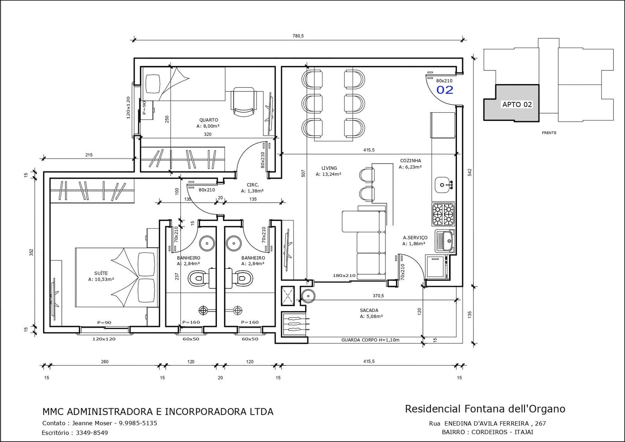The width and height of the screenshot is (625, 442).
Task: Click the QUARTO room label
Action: [208, 120]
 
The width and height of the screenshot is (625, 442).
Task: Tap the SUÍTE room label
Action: [101, 273]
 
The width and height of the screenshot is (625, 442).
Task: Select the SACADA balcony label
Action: [369, 310]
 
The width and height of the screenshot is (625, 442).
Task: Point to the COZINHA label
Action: [410, 160]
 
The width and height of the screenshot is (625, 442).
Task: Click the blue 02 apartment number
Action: [445, 90]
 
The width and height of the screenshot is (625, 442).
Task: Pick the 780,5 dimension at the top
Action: [298, 36]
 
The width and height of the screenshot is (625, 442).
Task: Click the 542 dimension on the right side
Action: [470, 172]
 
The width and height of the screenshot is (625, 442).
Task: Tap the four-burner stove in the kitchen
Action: [443, 214]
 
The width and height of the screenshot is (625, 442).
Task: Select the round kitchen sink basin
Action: [442, 185]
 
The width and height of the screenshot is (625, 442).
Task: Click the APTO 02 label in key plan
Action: [517, 104]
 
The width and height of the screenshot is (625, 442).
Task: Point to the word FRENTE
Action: [549, 133]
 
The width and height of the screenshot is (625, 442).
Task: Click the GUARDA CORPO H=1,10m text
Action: [370, 340]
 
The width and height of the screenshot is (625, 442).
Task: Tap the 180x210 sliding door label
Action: [344, 275]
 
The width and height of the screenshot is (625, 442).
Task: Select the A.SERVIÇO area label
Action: [415, 237]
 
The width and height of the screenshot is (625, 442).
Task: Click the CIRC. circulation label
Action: [253, 185]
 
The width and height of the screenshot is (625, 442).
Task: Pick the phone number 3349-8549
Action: [92, 433]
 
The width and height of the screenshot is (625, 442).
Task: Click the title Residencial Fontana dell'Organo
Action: [485, 409]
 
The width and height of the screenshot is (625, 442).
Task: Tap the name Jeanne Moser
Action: [92, 423]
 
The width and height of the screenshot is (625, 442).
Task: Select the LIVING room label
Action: [329, 168]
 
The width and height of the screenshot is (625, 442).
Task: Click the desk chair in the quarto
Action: [244, 102]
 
